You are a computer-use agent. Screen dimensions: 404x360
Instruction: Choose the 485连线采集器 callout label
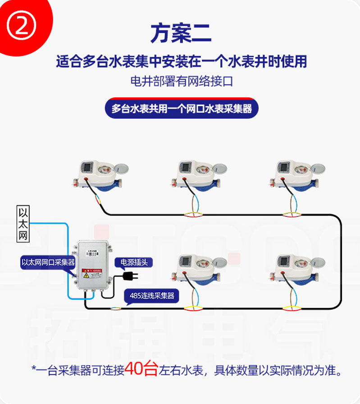tap(151, 296)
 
